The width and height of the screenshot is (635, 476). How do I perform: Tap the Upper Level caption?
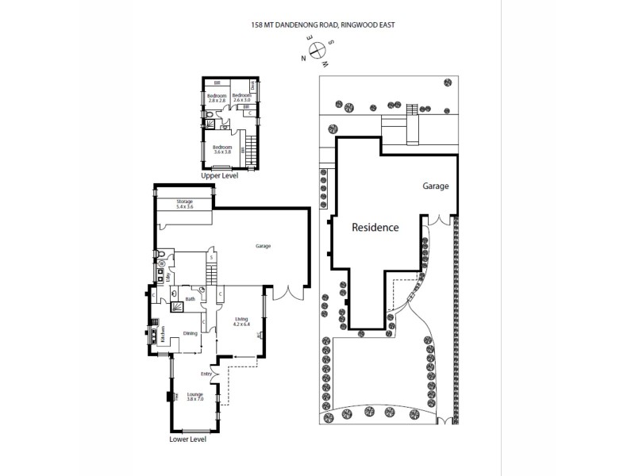220,175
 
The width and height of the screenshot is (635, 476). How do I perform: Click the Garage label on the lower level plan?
263,246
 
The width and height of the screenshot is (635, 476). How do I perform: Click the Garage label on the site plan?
435,186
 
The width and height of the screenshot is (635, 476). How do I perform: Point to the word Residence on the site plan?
375,227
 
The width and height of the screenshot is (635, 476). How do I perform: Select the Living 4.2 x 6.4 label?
241,321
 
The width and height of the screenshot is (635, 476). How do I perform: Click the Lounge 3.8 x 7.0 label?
194,397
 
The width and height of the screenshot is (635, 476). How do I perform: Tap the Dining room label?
190,334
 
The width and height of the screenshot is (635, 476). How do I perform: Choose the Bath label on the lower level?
190,299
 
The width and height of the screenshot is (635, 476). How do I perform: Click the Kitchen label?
163,334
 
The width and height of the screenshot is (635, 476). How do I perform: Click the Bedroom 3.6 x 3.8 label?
221,149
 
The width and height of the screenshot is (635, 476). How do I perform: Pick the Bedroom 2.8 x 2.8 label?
217,98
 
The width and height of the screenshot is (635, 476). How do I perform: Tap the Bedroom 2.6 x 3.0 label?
241,98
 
